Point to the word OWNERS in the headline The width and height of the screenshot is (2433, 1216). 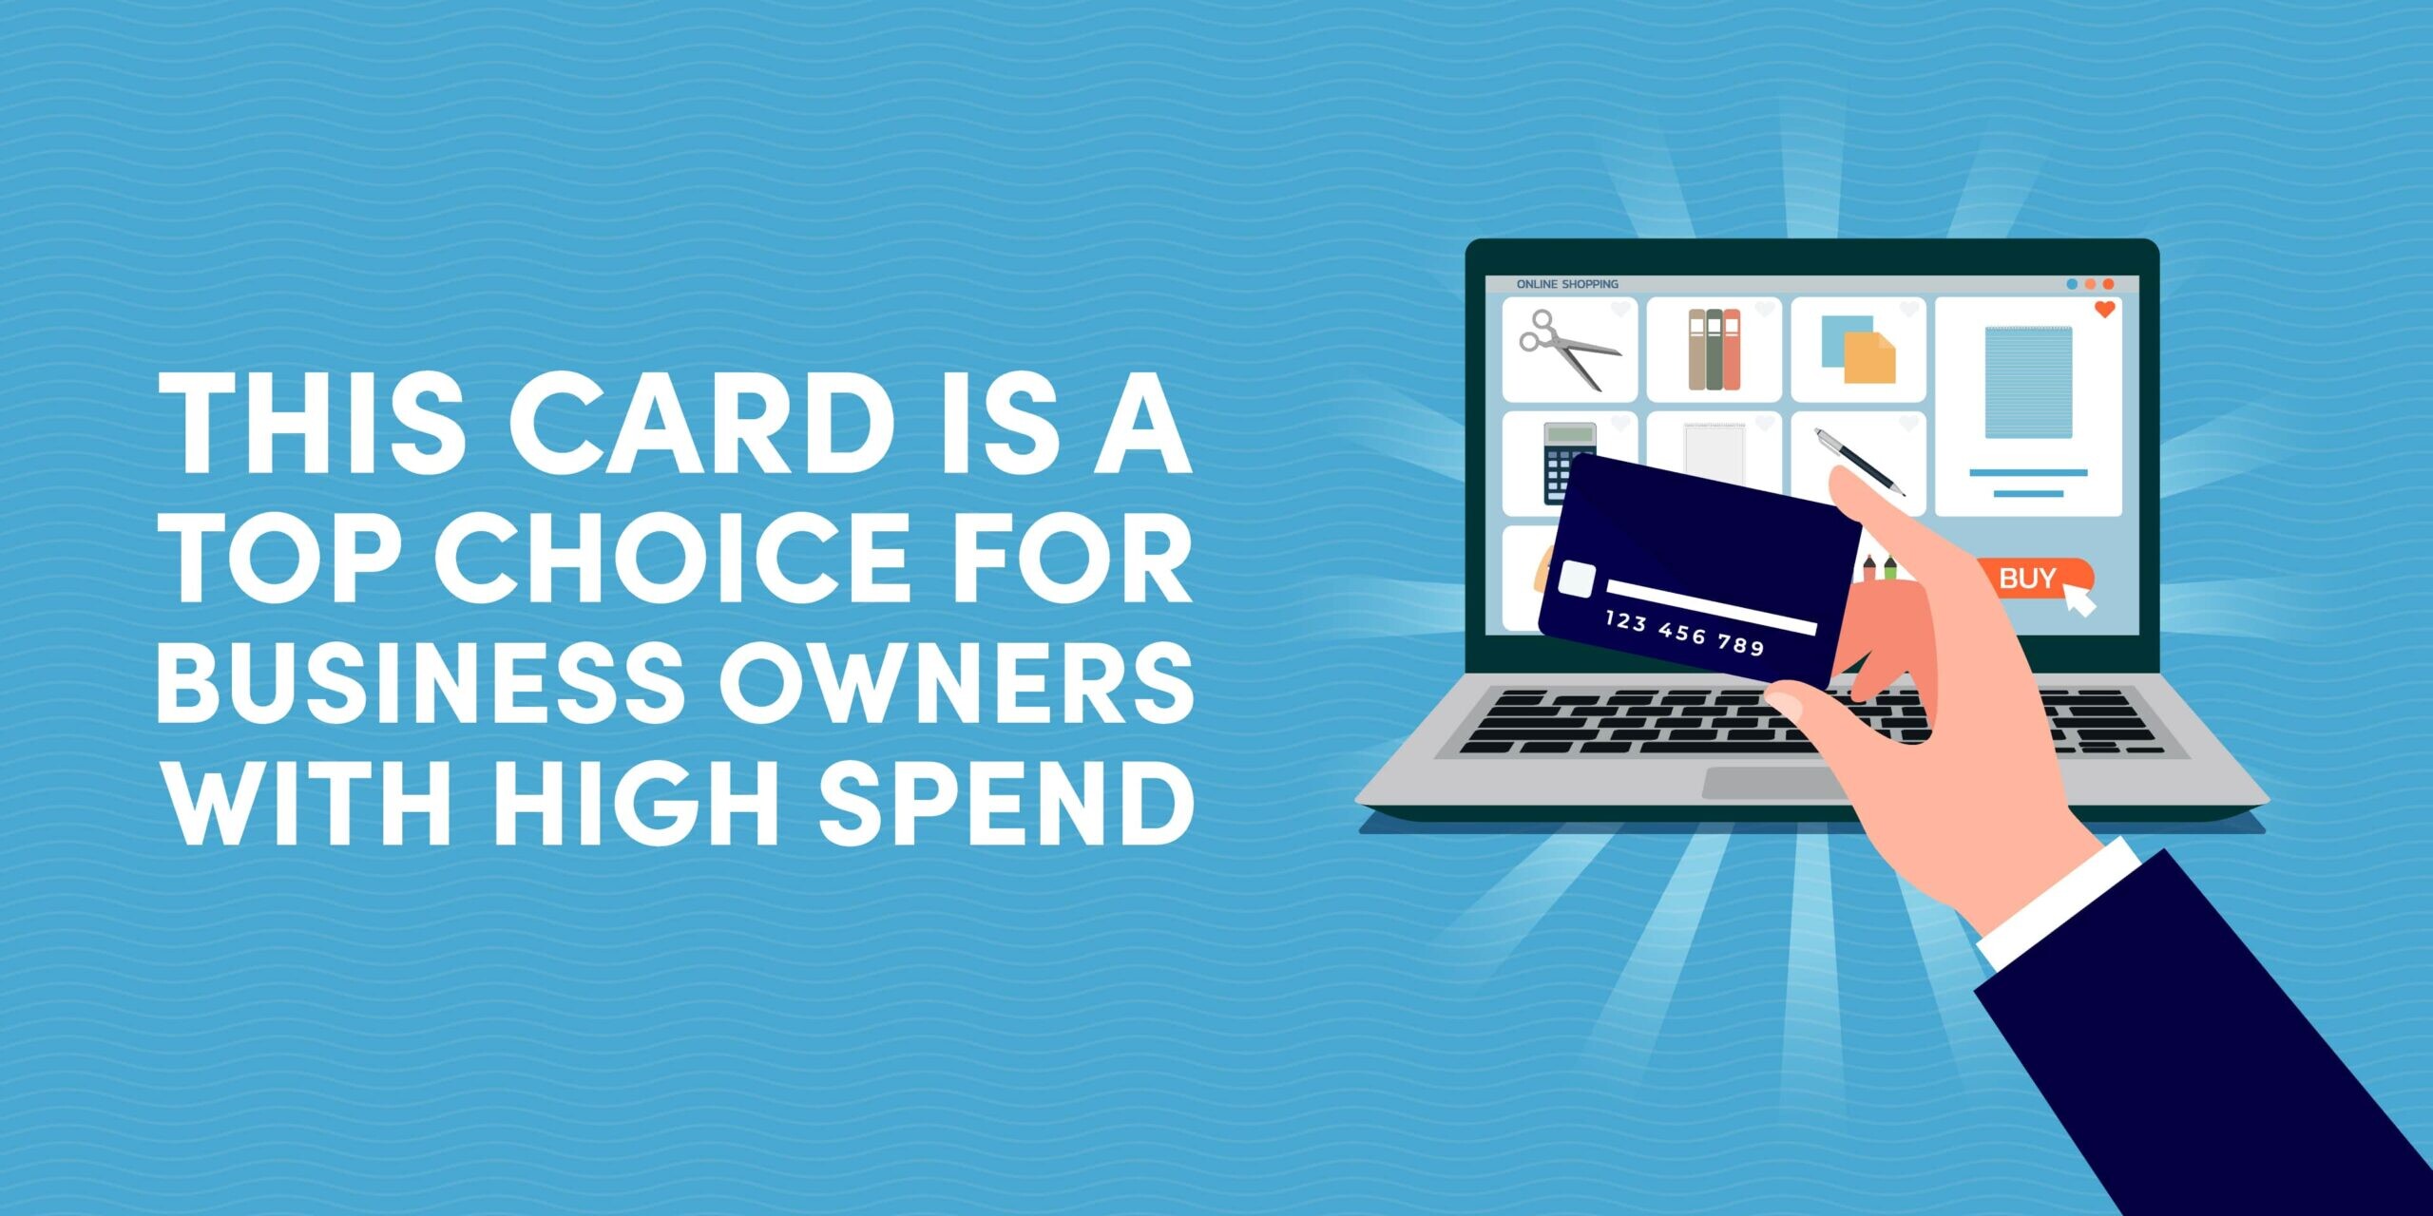pyautogui.click(x=955, y=681)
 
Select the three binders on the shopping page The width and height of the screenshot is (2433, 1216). pyautogui.click(x=1714, y=349)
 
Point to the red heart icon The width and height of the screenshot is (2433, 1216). pyautogui.click(x=2105, y=309)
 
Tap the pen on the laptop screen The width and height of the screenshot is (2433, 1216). pyautogui.click(x=1858, y=461)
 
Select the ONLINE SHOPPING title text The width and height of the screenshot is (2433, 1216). pyautogui.click(x=1567, y=284)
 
